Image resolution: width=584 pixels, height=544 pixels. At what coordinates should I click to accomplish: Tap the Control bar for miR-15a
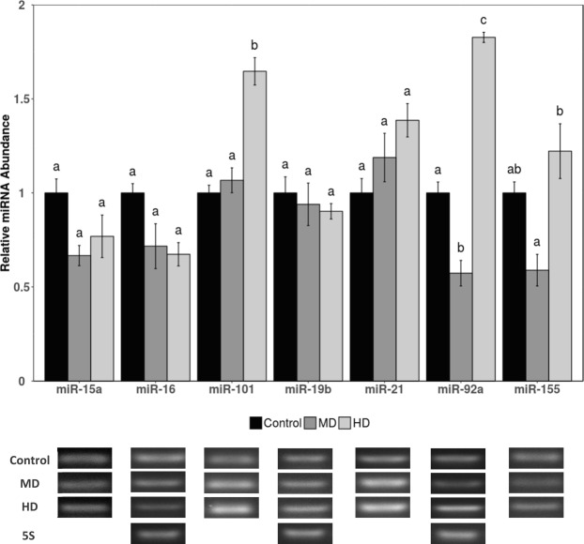click(56, 286)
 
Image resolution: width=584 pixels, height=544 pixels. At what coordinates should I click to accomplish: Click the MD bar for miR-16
click(156, 313)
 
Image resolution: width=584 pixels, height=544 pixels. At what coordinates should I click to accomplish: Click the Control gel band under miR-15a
click(85, 458)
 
